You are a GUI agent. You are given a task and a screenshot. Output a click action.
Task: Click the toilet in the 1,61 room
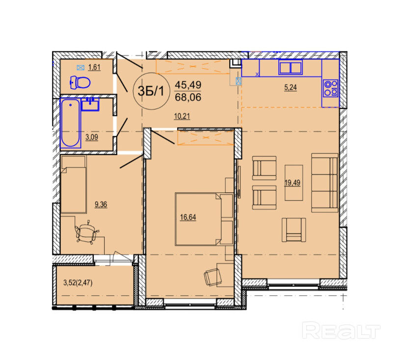click(80, 82)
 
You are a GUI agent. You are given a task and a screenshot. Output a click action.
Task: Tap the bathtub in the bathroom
click(70, 123)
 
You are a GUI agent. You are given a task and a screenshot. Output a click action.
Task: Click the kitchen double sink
click(291, 68)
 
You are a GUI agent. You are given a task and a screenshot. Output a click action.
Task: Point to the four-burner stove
click(330, 88)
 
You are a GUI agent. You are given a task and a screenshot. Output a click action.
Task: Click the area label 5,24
click(291, 88)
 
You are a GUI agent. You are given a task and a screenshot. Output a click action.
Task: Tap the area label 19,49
click(293, 183)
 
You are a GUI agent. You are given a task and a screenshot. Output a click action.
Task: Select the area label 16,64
click(188, 217)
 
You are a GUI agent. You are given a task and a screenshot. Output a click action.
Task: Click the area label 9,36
click(101, 205)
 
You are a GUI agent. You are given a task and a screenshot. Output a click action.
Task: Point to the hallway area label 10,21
click(182, 117)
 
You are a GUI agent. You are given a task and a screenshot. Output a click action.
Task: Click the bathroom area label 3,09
click(92, 137)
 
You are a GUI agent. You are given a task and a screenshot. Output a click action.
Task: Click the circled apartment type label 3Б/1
click(152, 91)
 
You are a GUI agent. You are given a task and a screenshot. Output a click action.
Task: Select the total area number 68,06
click(188, 97)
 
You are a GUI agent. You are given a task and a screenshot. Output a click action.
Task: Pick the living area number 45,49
click(188, 85)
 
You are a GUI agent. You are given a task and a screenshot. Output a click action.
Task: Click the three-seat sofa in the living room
click(325, 182)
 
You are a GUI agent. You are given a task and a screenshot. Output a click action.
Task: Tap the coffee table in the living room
click(294, 182)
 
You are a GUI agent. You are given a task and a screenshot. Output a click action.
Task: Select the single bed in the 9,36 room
click(74, 184)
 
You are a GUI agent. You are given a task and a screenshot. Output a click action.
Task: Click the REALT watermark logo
click(341, 330)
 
